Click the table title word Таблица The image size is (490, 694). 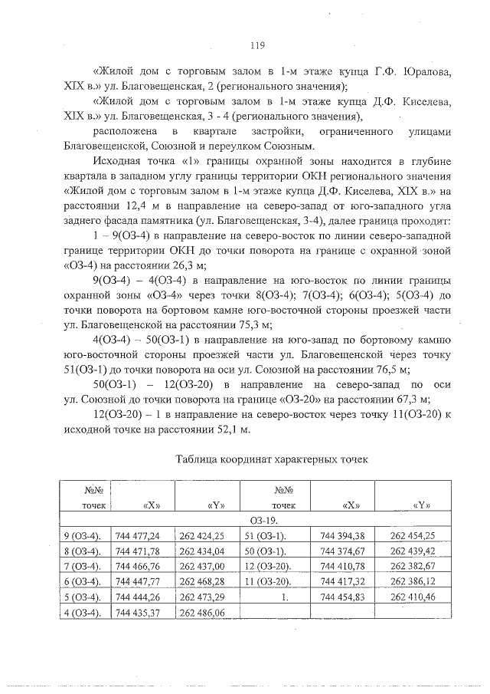pos(200,460)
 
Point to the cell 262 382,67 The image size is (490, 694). pos(413,566)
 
